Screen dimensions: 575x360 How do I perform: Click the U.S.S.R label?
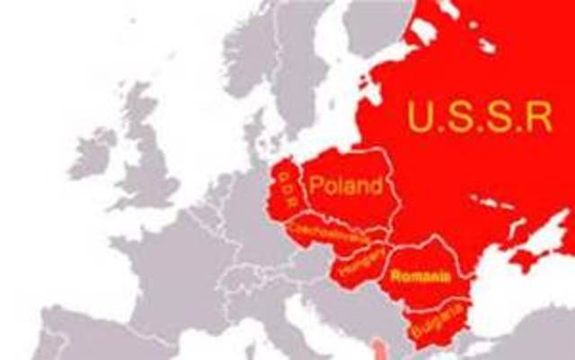pos(477,118)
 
